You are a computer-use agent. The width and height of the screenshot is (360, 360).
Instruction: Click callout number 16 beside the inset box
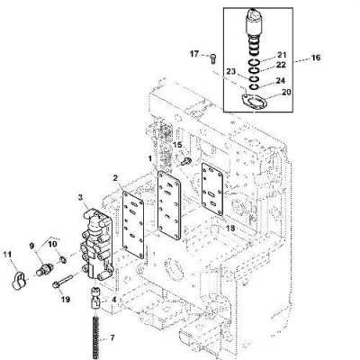pyautogui.click(x=316, y=58)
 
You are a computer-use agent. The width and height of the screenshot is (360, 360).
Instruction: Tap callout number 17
pyautogui.click(x=194, y=54)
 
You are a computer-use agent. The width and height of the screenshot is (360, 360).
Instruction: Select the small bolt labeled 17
pyautogui.click(x=213, y=58)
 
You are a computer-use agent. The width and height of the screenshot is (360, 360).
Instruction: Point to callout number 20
pyautogui.click(x=286, y=92)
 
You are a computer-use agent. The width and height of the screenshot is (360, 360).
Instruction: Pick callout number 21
pyautogui.click(x=282, y=55)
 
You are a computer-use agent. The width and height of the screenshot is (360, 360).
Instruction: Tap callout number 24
pyautogui.click(x=280, y=81)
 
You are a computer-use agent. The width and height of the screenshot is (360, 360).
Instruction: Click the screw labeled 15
pyautogui.click(x=185, y=161)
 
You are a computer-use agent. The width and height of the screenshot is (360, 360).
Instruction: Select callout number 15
pyautogui.click(x=177, y=145)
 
